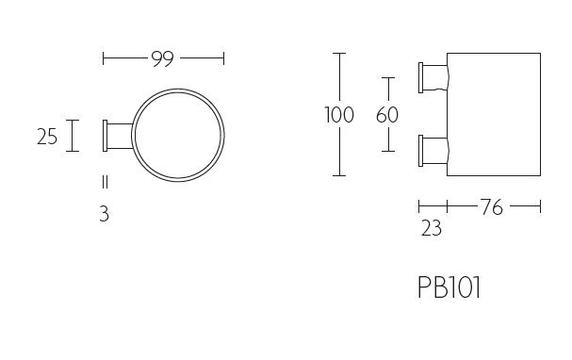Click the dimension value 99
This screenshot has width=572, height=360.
pyautogui.click(x=163, y=59)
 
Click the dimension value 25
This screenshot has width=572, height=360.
pyautogui.click(x=47, y=138)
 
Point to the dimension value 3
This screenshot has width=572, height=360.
pyautogui.click(x=104, y=214)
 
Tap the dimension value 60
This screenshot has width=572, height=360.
pyautogui.click(x=387, y=116)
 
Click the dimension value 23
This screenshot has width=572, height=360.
pyautogui.click(x=432, y=228)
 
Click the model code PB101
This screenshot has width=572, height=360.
pyautogui.click(x=449, y=287)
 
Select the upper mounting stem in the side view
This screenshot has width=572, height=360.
pyautogui.click(x=433, y=74)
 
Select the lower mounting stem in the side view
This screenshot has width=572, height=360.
pyautogui.click(x=433, y=148)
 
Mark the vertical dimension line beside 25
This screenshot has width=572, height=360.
pyautogui.click(x=73, y=137)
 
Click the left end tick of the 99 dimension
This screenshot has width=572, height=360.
pyautogui.click(x=103, y=59)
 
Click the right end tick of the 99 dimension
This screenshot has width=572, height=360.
pyautogui.click(x=223, y=59)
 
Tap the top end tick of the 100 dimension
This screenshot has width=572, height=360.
pyautogui.click(x=339, y=55)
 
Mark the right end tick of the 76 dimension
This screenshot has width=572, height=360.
pyautogui.click(x=540, y=206)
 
